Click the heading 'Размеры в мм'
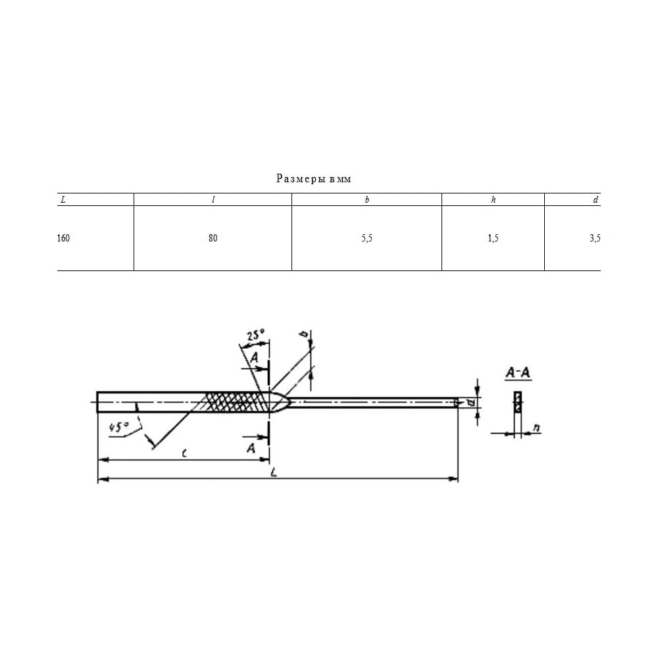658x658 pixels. coord(313,179)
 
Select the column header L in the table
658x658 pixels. coord(63,200)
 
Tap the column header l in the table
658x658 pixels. coord(213,200)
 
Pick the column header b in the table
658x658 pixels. coord(367,200)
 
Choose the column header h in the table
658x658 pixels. coord(493,200)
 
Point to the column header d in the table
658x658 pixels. coord(595,200)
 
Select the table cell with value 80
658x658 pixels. coord(213,238)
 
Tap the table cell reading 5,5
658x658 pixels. coord(367,238)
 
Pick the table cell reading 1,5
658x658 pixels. coord(493,238)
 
